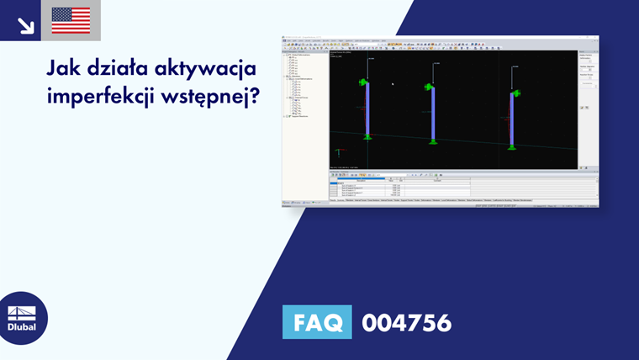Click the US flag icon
tap(71, 20)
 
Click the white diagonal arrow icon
tap(25, 24)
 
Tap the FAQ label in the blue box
tap(317, 322)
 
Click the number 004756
tap(406, 322)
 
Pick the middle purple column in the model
tap(433, 113)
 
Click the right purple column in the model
tap(512, 117)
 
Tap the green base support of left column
tap(367, 136)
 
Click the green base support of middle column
tap(433, 140)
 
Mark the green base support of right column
tap(512, 145)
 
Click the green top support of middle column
tap(430, 87)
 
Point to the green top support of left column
tap(364, 82)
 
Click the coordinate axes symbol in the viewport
tap(338, 153)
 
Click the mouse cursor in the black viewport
tap(393, 83)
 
